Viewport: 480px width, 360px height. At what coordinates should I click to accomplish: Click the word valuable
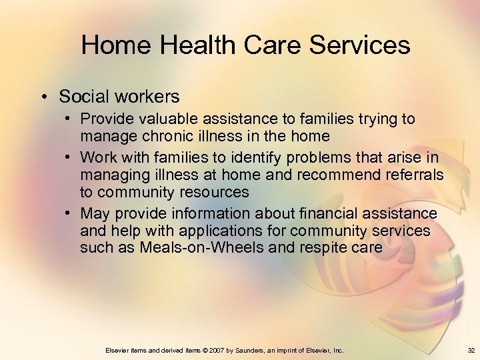tap(164, 119)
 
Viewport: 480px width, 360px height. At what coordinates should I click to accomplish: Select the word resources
tap(213, 193)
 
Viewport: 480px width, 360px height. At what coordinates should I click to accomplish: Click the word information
tap(205, 213)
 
